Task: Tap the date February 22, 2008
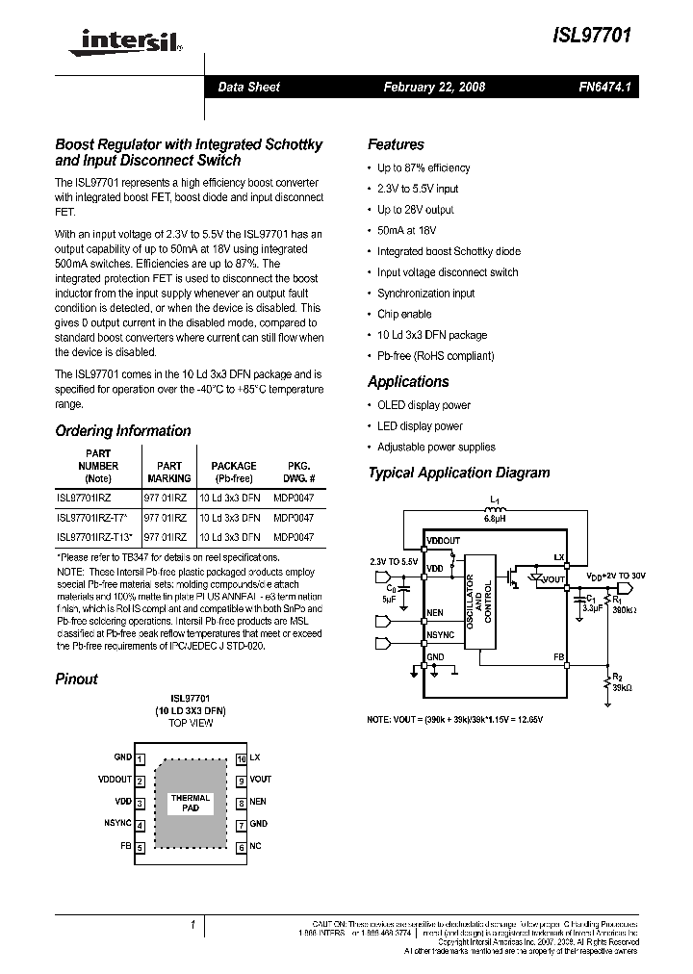434,87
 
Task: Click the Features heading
396,144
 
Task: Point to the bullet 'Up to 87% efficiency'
423,167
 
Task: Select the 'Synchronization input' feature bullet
425,294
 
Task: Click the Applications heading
408,382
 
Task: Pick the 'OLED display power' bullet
423,405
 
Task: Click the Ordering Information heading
123,431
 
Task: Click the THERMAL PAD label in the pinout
191,804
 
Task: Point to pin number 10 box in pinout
241,758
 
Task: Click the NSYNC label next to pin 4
117,824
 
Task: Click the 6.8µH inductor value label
494,518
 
